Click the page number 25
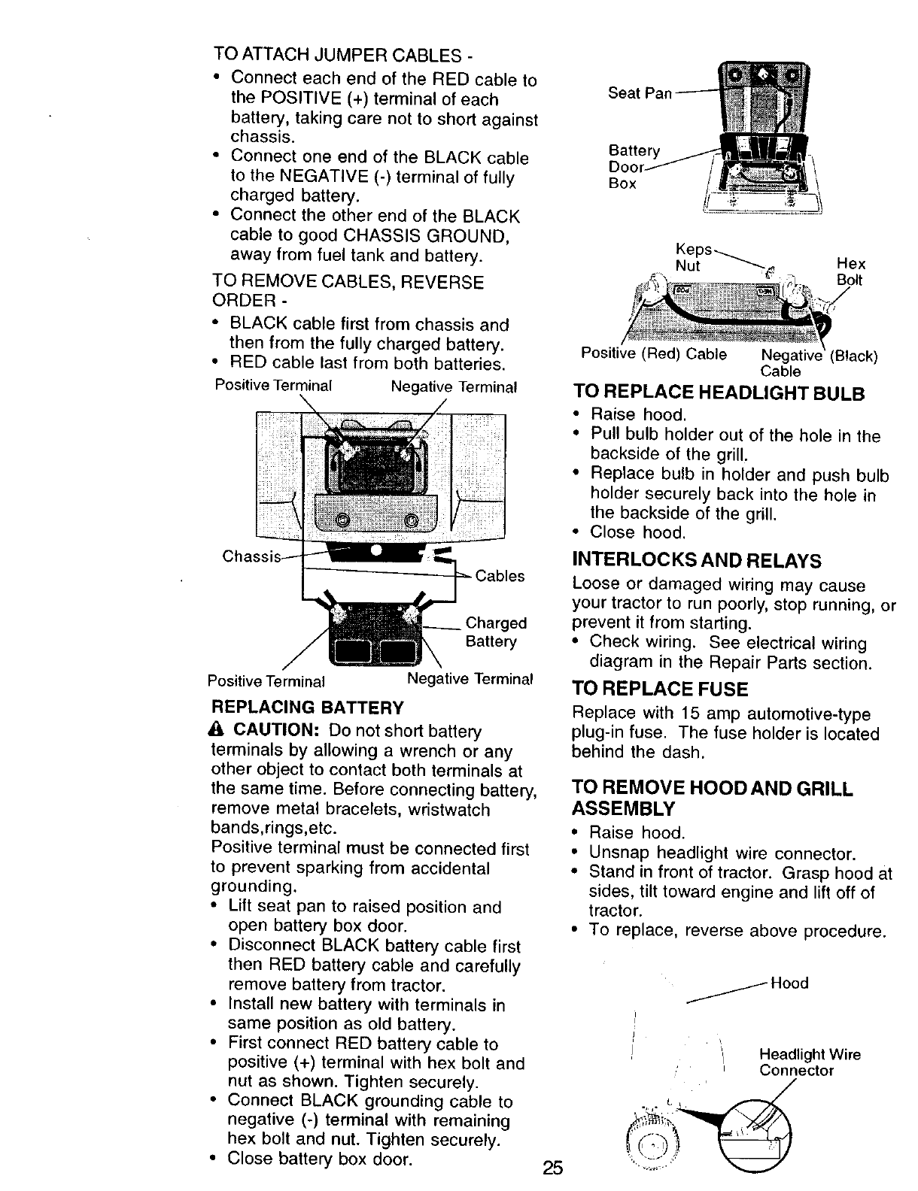552,1168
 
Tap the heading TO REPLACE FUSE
660,689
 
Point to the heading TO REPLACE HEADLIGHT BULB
719,393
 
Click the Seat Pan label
639,92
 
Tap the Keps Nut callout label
691,258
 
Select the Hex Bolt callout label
852,271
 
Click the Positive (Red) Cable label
653,354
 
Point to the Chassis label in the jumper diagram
251,557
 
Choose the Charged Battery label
496,632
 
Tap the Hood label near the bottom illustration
789,983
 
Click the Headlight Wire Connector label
810,1062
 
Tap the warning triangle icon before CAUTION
219,731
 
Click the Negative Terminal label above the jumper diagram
454,387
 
